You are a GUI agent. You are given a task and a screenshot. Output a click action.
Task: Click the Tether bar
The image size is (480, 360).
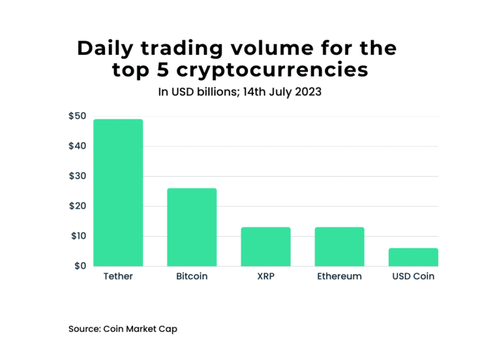tap(118, 192)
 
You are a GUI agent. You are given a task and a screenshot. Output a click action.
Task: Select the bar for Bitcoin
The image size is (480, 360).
tap(192, 227)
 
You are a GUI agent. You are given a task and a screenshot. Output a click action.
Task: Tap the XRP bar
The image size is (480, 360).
tap(266, 246)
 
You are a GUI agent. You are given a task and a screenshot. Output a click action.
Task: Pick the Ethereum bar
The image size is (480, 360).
tap(339, 246)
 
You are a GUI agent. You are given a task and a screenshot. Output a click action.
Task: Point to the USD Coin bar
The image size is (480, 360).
tap(413, 257)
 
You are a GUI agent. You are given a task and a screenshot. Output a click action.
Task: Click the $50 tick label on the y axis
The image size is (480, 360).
tap(77, 116)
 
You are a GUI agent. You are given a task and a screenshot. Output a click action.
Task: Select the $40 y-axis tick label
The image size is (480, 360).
tap(77, 146)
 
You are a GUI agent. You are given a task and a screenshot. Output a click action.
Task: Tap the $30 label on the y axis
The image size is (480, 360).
tap(77, 176)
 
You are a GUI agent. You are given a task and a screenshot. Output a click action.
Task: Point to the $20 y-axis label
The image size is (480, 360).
tap(77, 206)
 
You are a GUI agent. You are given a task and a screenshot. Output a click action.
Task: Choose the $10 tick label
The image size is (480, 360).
tap(77, 236)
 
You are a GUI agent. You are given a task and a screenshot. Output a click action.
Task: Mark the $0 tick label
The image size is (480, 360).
tap(80, 266)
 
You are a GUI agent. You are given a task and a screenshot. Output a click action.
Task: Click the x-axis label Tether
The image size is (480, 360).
tap(118, 276)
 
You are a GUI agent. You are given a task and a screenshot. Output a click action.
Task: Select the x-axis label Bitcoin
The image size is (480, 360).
tap(192, 276)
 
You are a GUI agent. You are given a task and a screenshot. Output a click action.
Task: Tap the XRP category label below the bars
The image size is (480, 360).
tap(266, 276)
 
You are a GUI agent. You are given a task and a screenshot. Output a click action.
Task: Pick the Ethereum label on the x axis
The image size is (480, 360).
tap(339, 276)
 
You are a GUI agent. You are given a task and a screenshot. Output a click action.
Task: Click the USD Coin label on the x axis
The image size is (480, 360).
tap(413, 276)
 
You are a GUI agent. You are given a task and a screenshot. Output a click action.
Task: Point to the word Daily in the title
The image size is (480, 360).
tap(106, 48)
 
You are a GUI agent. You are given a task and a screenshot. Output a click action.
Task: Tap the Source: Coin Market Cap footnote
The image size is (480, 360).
tap(122, 328)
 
